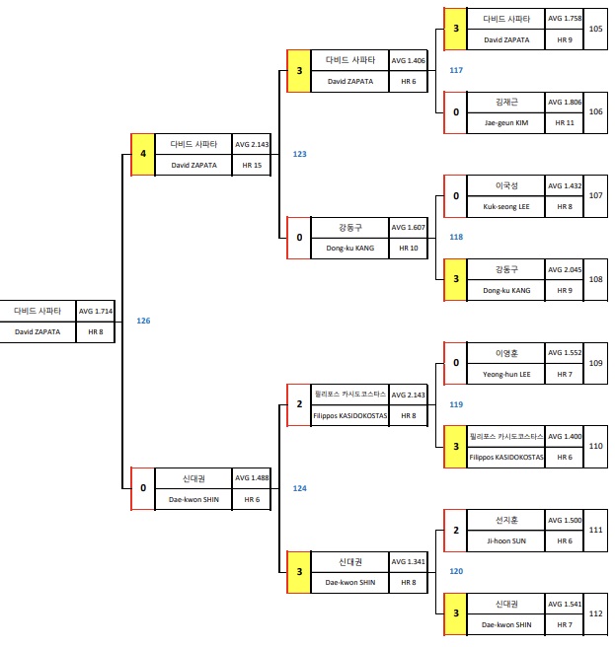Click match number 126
pos(144,321)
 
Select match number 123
pos(299,154)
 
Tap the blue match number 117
pos(455,70)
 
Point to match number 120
pos(455,571)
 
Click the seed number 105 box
pos(595,29)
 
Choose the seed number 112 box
pos(595,613)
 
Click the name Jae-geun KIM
pos(506,123)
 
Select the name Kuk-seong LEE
pos(506,207)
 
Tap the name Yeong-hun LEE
pos(506,374)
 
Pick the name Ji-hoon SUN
pos(506,541)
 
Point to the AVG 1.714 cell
pos(96,312)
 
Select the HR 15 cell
pos(252,166)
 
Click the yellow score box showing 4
pos(142,155)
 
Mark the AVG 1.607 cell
pos(409,227)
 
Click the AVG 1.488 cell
pos(252,478)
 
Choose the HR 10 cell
pos(409,249)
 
